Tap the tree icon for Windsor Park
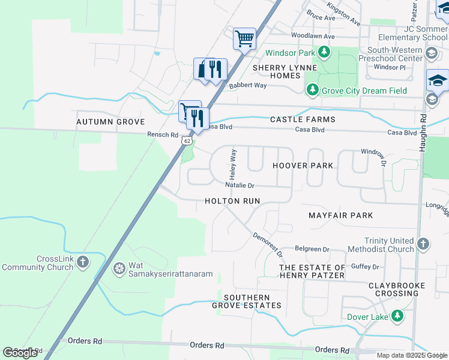pos(324,53)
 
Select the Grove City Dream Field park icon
pos(312,91)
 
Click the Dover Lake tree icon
pos(397,316)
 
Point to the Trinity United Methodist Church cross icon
pos(423,244)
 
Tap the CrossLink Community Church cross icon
pos(83,262)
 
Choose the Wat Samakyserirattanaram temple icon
pos(119,267)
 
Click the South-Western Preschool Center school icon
pos(430,54)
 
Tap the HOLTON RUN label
pos(232,202)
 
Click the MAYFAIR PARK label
pos(340,215)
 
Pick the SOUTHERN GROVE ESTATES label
pos(246,301)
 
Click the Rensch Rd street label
pos(163,135)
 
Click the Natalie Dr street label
pos(240,186)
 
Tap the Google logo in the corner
pos(20,353)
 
